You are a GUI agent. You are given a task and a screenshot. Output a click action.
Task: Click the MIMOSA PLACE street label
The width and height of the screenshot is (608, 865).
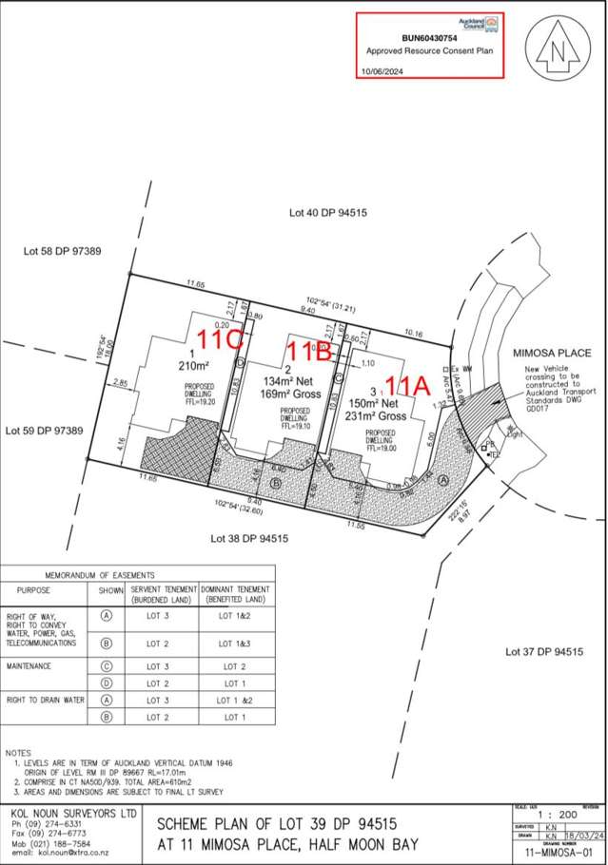pyautogui.click(x=553, y=353)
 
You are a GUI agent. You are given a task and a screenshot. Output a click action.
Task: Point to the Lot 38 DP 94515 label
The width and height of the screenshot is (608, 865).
pyautogui.click(x=249, y=539)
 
